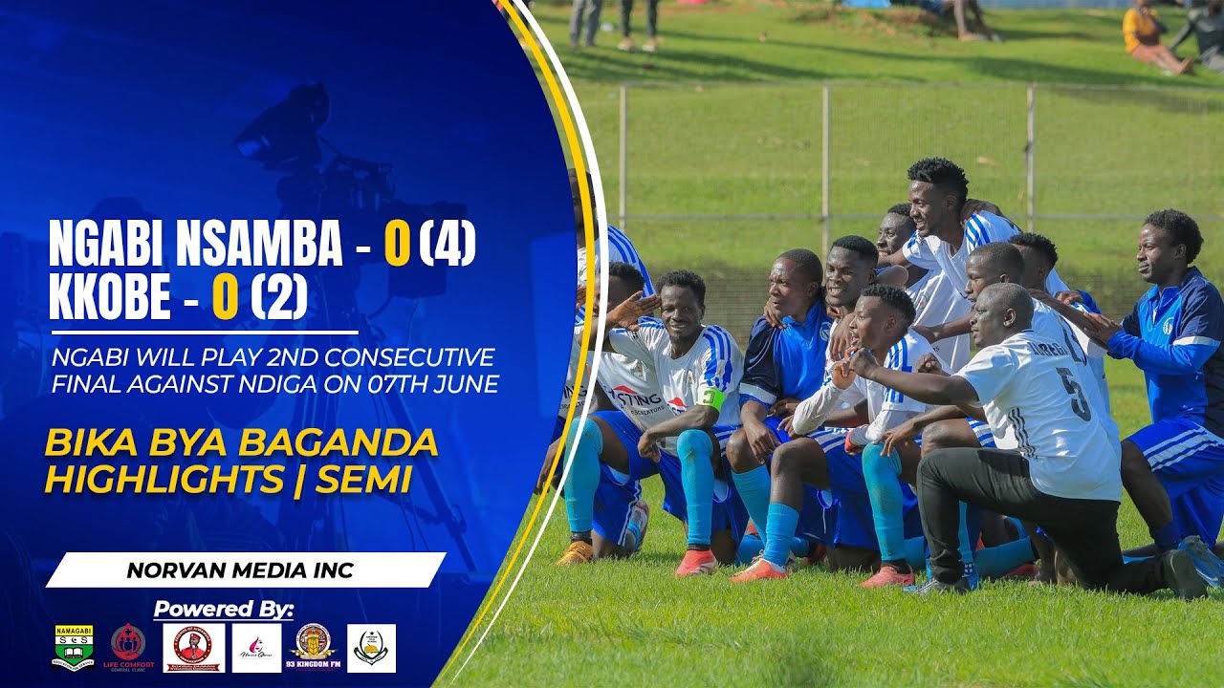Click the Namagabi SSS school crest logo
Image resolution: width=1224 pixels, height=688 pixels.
tap(74, 648)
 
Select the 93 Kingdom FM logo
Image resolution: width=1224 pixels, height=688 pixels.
tap(314, 648)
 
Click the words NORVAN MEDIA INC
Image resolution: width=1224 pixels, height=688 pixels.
tap(240, 571)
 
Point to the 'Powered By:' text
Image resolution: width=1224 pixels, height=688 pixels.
tap(224, 609)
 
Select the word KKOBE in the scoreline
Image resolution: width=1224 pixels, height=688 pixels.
tap(109, 299)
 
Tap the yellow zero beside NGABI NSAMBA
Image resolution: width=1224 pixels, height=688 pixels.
tap(397, 246)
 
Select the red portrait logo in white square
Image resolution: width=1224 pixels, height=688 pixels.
tap(194, 648)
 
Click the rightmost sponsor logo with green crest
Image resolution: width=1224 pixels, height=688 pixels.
tap(371, 648)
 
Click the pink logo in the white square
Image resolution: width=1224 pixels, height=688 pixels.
tap(256, 648)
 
